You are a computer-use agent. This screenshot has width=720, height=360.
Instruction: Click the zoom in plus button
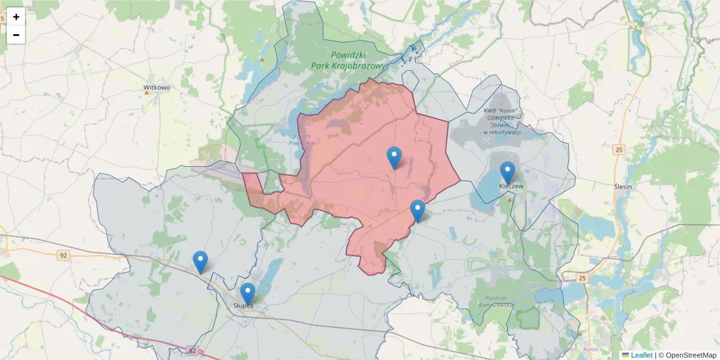click(16, 17)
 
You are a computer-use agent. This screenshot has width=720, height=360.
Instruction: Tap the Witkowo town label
click(157, 87)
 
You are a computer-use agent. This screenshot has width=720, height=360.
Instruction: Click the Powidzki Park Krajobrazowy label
click(344, 59)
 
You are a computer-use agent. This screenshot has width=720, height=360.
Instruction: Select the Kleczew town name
click(512, 187)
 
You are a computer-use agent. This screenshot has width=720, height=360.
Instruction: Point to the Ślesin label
click(624, 187)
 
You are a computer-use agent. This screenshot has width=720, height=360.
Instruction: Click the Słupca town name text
click(243, 305)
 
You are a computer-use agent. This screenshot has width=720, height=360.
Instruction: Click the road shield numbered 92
click(63, 256)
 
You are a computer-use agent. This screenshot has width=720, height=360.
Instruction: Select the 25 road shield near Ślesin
click(619, 149)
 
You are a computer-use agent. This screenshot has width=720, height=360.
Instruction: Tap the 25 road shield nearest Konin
click(582, 278)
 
